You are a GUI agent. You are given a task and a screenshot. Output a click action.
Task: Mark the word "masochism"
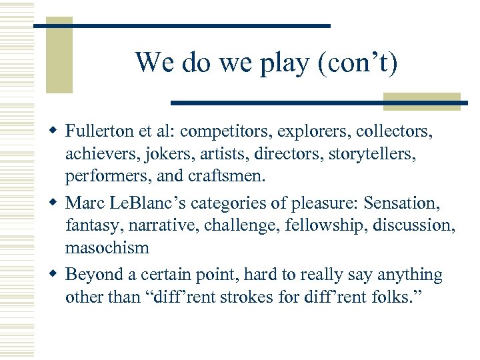[x=107, y=247]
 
